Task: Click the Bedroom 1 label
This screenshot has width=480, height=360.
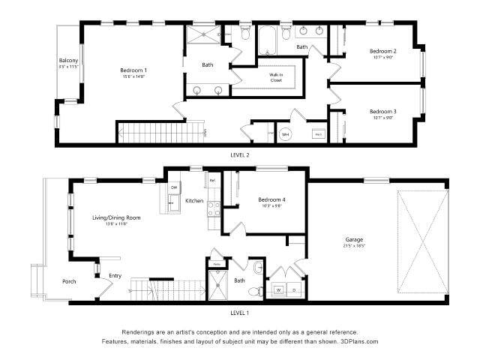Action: tap(133, 70)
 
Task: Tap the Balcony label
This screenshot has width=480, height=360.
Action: tap(69, 60)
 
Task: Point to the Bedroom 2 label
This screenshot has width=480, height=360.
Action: tap(382, 51)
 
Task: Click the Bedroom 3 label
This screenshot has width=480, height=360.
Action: tap(382, 111)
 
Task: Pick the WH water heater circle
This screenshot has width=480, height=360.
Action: tap(285, 134)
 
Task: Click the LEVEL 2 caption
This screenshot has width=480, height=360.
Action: tap(240, 154)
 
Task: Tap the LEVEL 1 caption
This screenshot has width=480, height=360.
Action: tap(240, 311)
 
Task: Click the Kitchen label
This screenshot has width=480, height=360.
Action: tap(194, 201)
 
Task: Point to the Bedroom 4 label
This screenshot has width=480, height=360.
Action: tap(271, 199)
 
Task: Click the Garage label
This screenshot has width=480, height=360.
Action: tap(353, 240)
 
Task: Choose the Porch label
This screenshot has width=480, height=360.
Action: tap(69, 282)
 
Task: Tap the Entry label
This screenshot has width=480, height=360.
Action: tap(115, 275)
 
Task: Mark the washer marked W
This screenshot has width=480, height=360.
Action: tap(280, 288)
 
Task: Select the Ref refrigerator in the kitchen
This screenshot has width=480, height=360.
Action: tap(212, 181)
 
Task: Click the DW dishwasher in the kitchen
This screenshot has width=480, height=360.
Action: tap(173, 187)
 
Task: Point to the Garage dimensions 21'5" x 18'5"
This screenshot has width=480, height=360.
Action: tap(353, 246)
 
